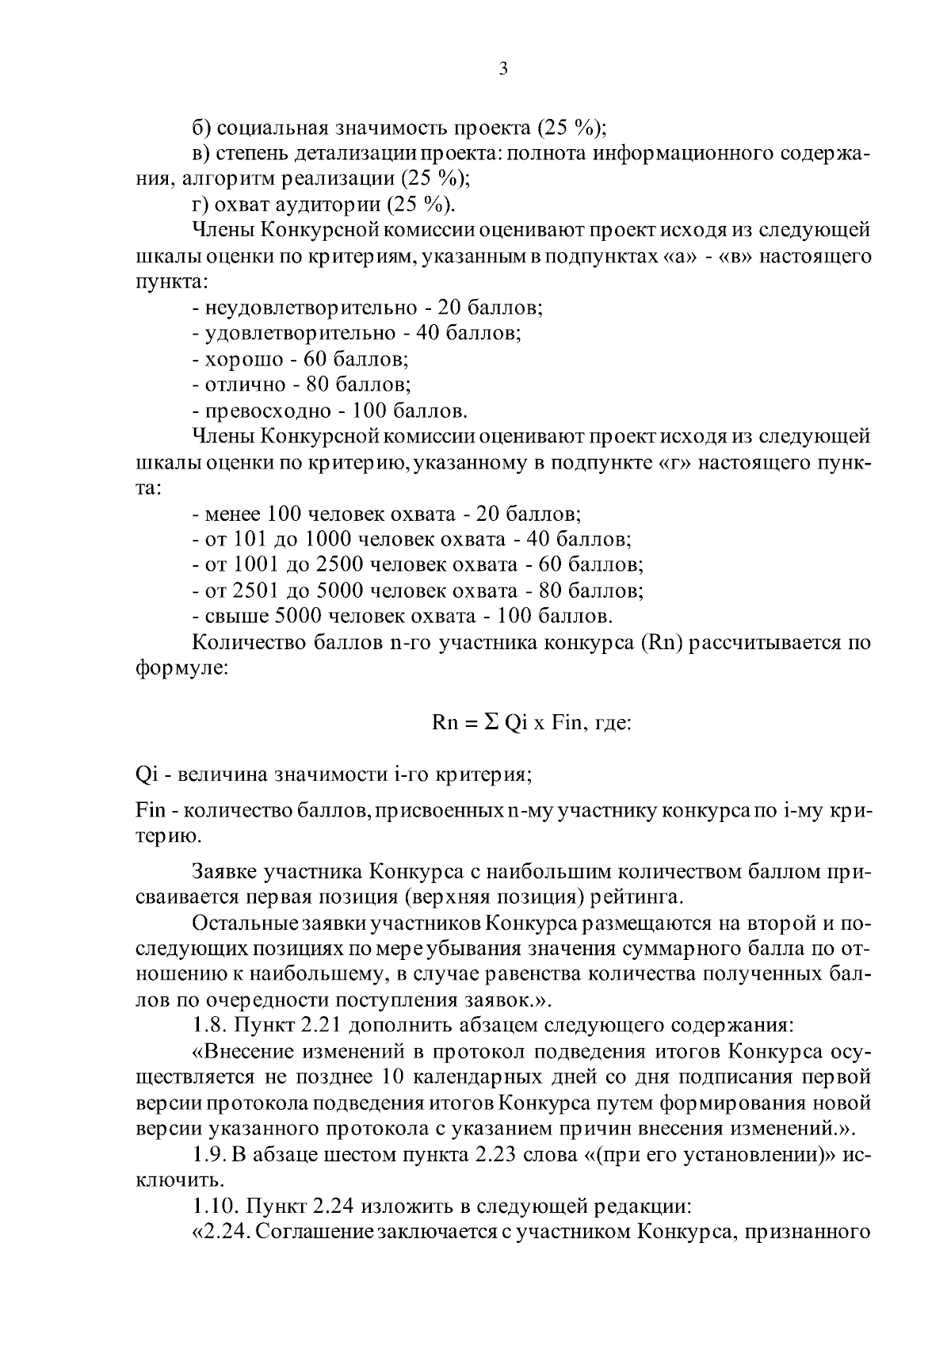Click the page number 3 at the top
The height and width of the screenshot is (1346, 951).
coord(502,69)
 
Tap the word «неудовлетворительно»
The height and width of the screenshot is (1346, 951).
coord(311,308)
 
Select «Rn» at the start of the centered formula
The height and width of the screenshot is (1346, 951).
coord(444,723)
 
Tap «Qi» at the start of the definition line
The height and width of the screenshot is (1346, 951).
coord(147,774)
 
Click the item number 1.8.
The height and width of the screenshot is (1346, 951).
coord(210,1025)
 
